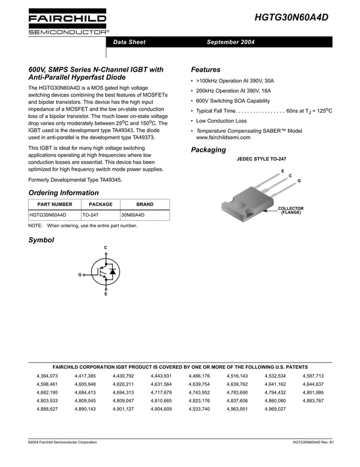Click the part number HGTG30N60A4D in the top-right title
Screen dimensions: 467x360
292,17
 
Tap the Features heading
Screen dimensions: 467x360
205,70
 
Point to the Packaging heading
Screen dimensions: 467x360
208,150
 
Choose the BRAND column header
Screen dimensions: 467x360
144,204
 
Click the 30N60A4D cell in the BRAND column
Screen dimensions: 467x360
133,215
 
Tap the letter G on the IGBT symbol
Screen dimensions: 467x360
80,274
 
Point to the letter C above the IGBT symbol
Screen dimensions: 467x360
106,248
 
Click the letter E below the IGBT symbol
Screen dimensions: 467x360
106,294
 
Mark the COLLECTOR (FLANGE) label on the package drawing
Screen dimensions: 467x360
291,211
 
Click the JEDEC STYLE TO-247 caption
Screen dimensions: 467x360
261,160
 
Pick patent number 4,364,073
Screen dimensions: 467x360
47,376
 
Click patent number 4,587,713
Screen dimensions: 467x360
313,376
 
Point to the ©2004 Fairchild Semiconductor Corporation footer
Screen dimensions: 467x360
62,442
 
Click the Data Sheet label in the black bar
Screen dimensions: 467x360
129,42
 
